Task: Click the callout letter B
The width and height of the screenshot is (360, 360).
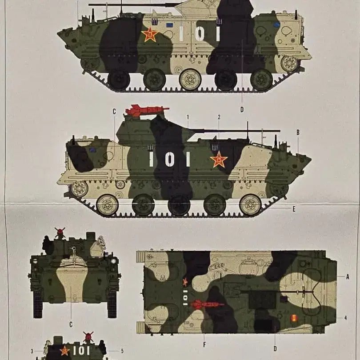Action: (298, 132)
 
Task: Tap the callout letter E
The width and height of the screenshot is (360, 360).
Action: (294, 209)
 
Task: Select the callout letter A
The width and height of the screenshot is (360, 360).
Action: (348, 277)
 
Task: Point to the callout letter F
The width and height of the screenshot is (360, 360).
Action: (204, 344)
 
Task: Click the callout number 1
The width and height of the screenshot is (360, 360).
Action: (188, 117)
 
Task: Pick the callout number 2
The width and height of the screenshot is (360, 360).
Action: (219, 117)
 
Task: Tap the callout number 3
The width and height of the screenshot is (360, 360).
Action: (32, 351)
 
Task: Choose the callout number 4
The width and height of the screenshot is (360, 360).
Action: (345, 318)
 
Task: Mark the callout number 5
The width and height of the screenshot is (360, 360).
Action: (122, 351)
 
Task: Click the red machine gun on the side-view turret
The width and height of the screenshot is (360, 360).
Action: (147, 110)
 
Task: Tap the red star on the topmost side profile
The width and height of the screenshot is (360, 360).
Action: (150, 35)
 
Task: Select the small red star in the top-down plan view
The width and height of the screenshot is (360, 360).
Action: (184, 281)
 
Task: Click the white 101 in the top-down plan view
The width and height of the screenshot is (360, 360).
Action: (185, 297)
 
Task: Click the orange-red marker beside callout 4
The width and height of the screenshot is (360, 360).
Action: (294, 318)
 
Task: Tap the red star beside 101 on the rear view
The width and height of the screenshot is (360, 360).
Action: (65, 351)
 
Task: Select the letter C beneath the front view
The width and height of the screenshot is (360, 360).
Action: (71, 324)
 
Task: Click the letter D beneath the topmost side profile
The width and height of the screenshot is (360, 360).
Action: (242, 110)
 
